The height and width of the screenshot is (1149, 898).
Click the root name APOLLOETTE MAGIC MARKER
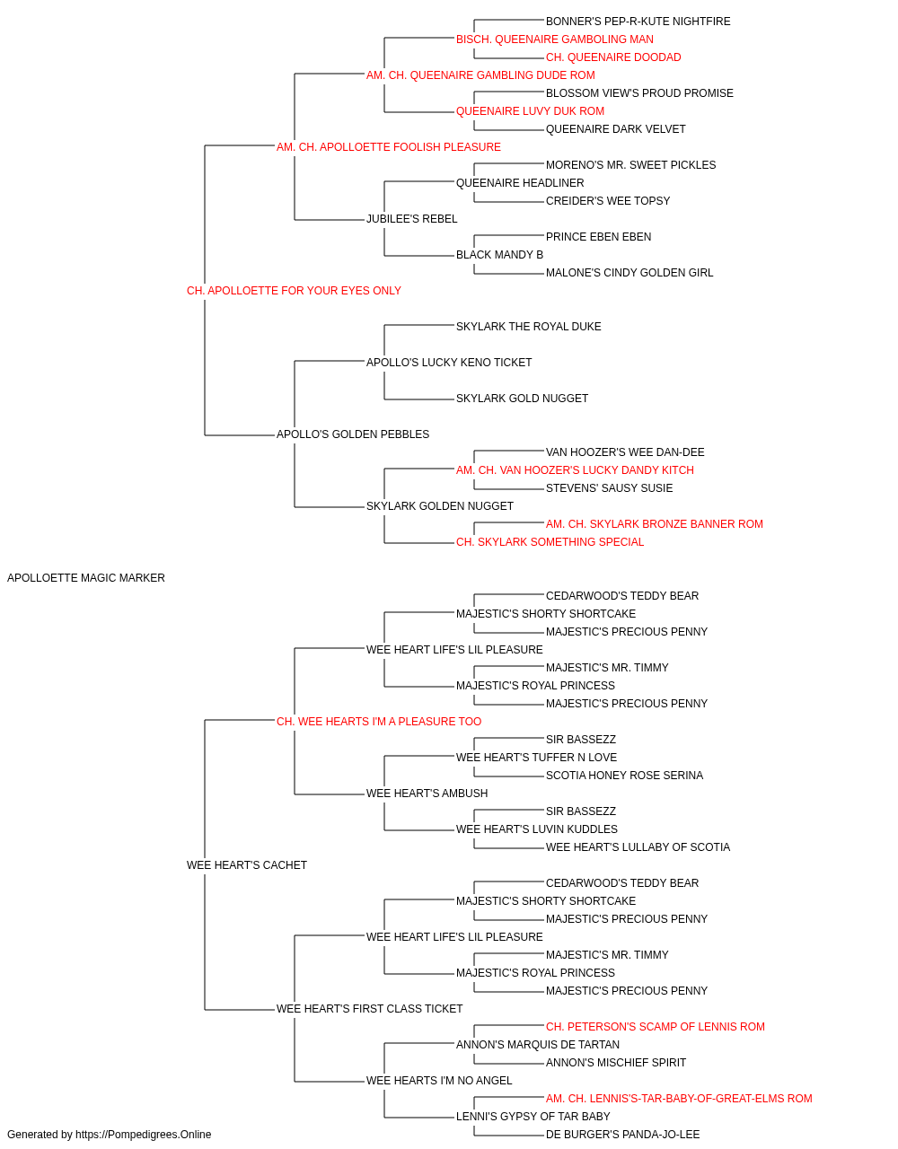click(x=85, y=578)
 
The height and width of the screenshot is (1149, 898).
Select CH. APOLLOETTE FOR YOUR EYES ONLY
click(x=294, y=291)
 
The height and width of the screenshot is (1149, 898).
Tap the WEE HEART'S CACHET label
click(x=246, y=865)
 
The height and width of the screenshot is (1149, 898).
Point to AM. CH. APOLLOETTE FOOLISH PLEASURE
click(x=388, y=147)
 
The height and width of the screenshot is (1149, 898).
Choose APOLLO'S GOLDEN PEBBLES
click(x=353, y=434)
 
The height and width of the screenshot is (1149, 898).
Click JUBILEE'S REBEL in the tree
click(x=411, y=219)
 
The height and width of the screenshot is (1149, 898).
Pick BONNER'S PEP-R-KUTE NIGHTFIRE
click(x=638, y=22)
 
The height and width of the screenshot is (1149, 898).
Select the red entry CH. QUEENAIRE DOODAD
click(x=613, y=57)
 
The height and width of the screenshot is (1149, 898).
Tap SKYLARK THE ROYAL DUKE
click(x=528, y=327)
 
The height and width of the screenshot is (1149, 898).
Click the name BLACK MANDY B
click(x=500, y=255)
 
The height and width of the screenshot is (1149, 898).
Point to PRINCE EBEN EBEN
click(x=598, y=237)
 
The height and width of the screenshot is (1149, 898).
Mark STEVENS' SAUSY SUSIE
click(x=609, y=488)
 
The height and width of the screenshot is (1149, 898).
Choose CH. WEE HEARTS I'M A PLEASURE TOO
click(x=379, y=722)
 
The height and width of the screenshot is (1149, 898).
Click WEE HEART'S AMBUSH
click(x=427, y=794)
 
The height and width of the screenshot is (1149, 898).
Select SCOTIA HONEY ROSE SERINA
click(x=625, y=776)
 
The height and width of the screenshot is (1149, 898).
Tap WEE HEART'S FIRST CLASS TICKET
click(x=369, y=1009)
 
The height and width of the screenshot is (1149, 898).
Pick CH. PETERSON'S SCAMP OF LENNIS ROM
click(x=656, y=1027)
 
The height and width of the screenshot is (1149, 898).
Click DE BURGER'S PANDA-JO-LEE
click(x=622, y=1135)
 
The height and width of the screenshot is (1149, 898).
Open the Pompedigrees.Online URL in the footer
click(x=143, y=1135)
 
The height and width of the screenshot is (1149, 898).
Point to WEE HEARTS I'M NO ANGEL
click(x=439, y=1081)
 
